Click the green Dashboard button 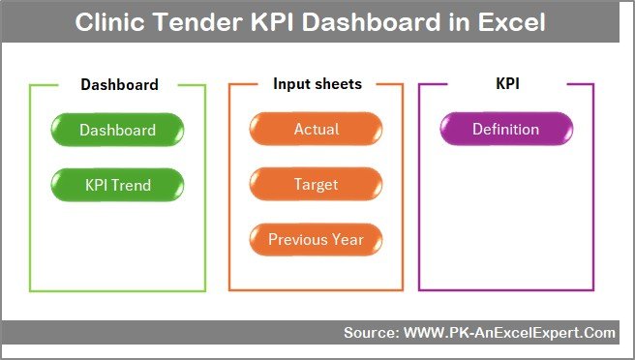tap(117, 130)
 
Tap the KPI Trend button tap(117, 184)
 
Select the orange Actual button tap(316, 130)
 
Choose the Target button tap(316, 184)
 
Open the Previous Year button tap(316, 239)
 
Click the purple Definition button tap(505, 130)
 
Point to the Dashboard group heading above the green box tap(119, 85)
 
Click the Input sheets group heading tap(317, 84)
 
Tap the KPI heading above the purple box tap(507, 84)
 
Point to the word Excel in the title tap(513, 22)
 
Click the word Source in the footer tap(369, 333)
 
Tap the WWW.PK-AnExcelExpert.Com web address tap(508, 333)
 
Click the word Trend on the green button tap(134, 184)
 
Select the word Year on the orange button tap(348, 239)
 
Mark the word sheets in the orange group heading tap(338, 84)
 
